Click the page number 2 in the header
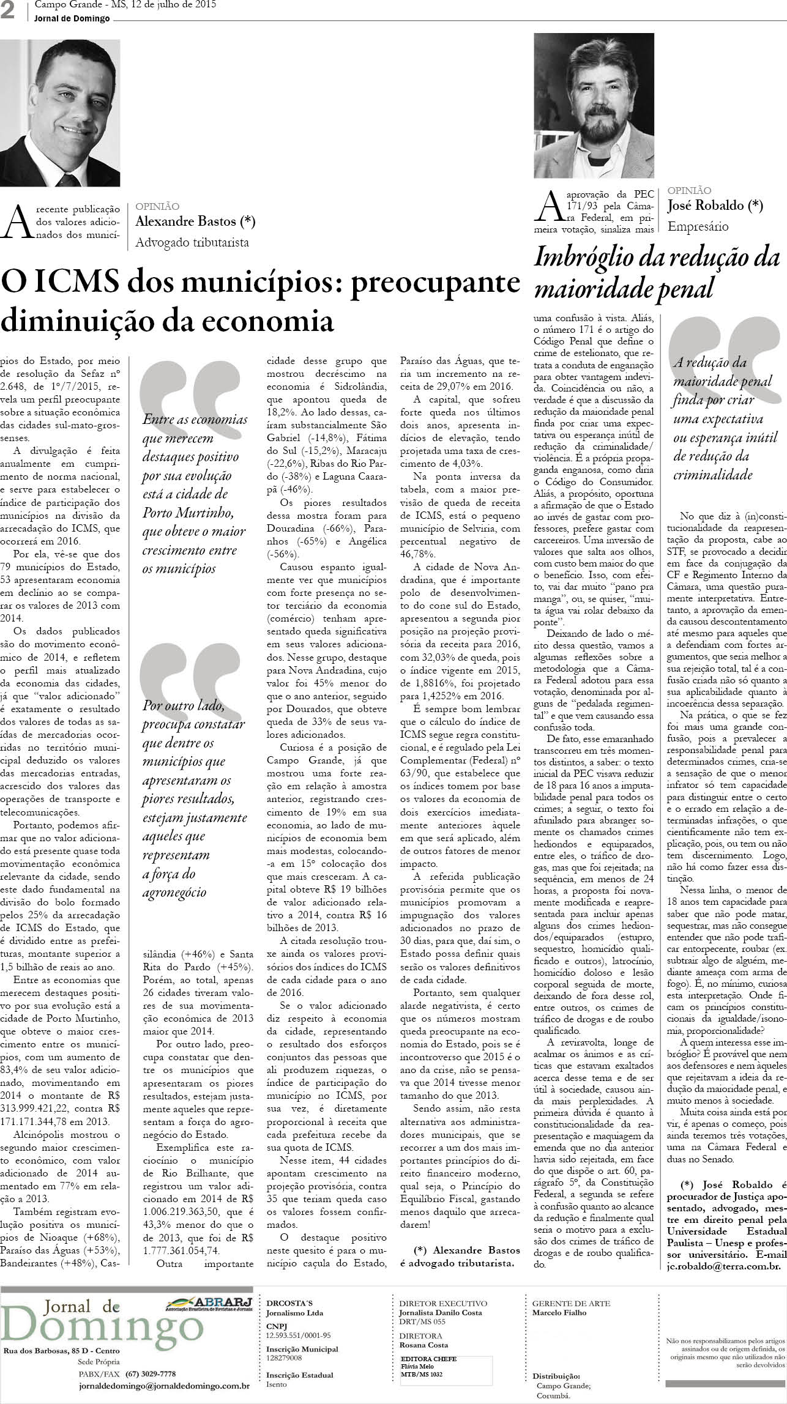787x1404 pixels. click(x=8, y=12)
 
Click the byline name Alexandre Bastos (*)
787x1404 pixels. click(x=195, y=221)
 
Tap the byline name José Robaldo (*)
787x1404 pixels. click(x=715, y=206)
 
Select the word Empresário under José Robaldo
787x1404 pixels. click(x=698, y=226)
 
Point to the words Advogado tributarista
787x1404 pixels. click(x=192, y=242)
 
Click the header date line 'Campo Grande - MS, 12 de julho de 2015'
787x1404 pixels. click(x=125, y=6)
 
